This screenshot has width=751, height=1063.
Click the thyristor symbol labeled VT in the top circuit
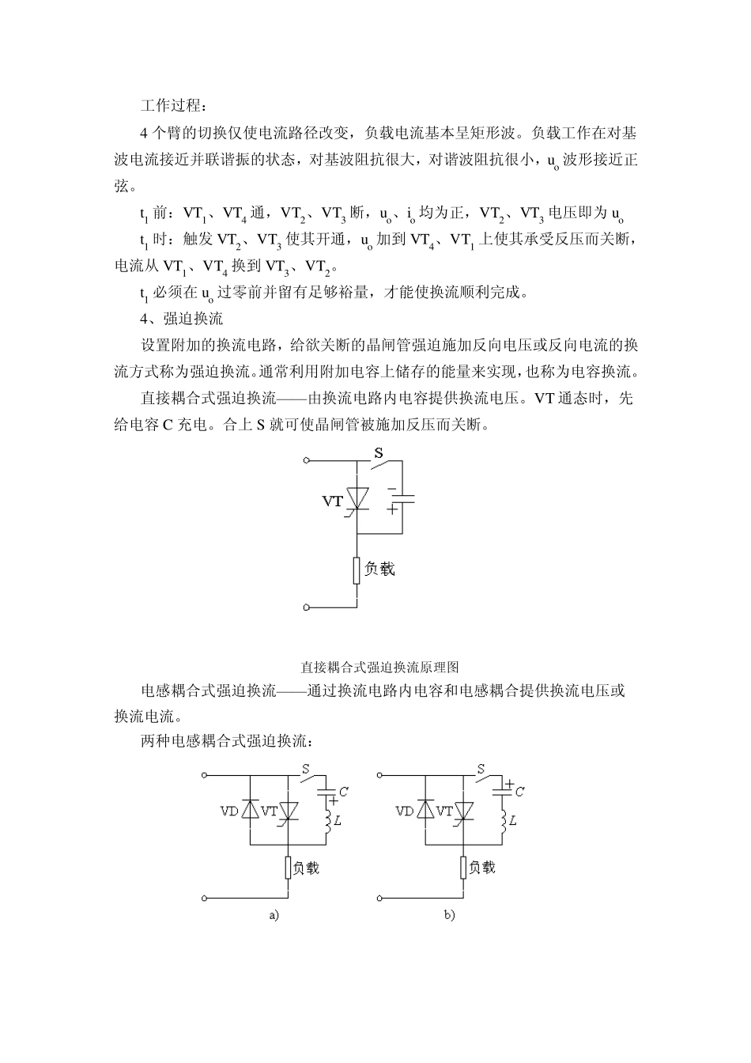coord(359,501)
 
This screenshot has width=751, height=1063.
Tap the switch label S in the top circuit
coord(379,454)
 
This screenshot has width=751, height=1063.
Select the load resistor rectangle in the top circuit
coord(358,569)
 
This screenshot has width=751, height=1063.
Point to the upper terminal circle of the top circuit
coord(307,459)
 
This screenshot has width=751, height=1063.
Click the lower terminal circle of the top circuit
coord(307,607)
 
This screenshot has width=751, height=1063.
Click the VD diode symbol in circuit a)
coord(250,811)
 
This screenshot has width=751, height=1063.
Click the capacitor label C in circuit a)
coord(342,791)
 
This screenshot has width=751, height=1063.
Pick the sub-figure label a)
coord(274,915)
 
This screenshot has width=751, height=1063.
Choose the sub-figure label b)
coord(449,915)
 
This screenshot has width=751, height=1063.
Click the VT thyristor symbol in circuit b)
coord(463,811)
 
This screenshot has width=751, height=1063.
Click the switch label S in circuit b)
coord(480,768)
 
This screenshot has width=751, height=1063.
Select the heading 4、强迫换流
coord(181,319)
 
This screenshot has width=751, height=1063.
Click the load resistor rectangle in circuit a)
coord(289,868)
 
